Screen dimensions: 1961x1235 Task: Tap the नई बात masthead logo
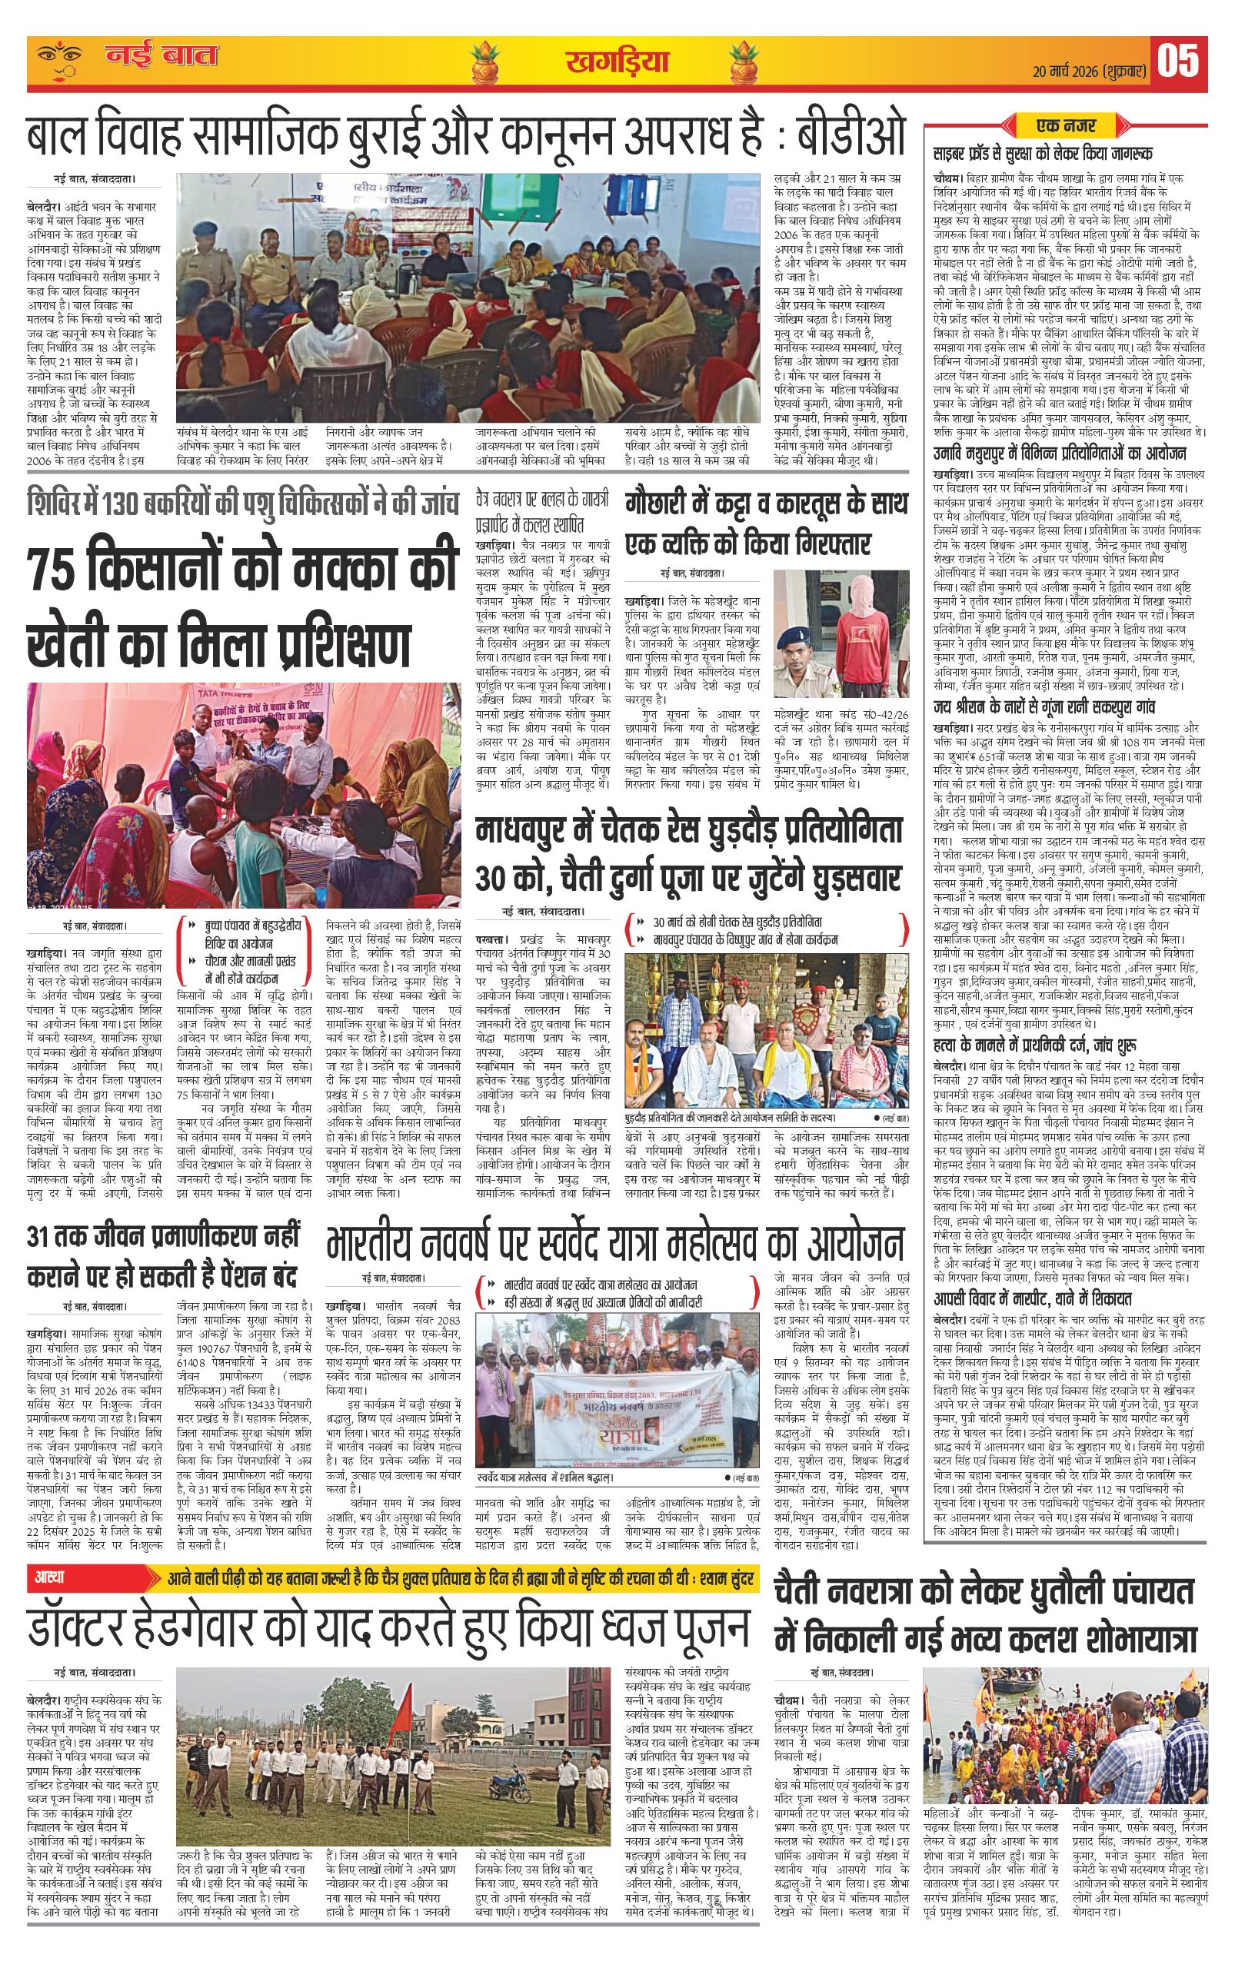(x=162, y=57)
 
